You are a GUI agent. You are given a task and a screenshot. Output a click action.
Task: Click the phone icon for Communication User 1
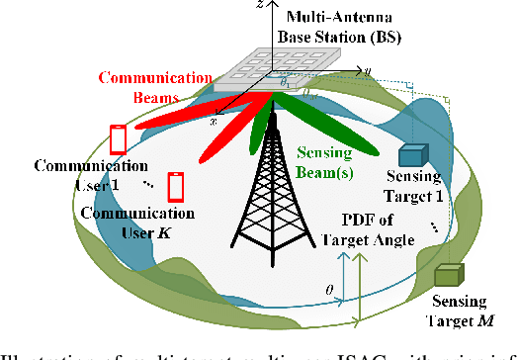119,139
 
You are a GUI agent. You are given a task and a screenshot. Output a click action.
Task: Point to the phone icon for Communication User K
176,186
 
